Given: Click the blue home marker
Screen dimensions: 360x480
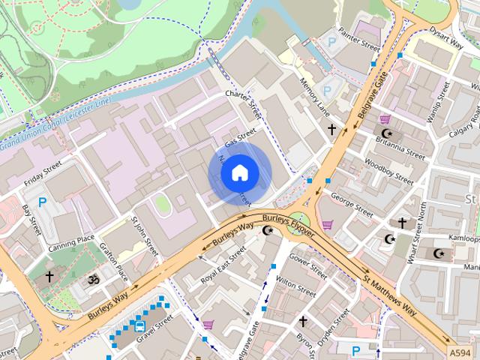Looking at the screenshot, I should click(x=239, y=173).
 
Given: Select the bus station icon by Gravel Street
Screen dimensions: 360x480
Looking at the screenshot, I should click(x=139, y=325).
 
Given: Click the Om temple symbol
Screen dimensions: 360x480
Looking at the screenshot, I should click(x=94, y=279).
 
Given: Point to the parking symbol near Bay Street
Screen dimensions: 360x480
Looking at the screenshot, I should click(x=43, y=202).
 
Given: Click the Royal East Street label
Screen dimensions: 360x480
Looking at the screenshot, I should click(x=222, y=268).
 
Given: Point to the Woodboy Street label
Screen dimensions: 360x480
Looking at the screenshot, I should click(x=388, y=171).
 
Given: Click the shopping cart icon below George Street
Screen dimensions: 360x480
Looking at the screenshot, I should click(x=327, y=224).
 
